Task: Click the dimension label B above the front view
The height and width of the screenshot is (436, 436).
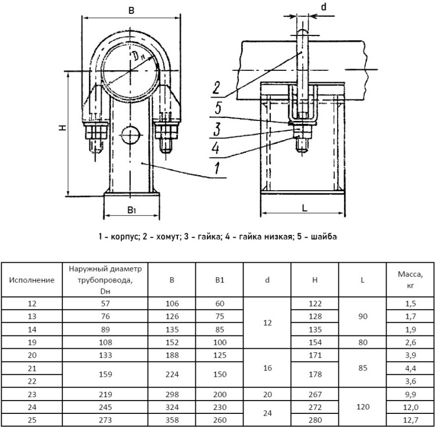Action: [x=131, y=10]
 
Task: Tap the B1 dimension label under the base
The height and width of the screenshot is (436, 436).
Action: [x=131, y=210]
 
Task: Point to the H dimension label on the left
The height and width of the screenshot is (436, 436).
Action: [x=63, y=127]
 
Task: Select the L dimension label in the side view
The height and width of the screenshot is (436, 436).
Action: [x=305, y=208]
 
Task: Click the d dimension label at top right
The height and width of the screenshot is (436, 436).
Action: [x=323, y=6]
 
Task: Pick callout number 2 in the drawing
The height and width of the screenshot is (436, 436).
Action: [x=216, y=88]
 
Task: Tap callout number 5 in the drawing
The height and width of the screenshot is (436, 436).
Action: [x=218, y=108]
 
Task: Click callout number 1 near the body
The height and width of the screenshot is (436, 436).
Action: [x=217, y=168]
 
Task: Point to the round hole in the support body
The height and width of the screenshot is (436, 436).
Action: [x=130, y=135]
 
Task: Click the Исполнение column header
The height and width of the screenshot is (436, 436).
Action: [x=32, y=280]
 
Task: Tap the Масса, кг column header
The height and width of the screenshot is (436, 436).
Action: [x=410, y=280]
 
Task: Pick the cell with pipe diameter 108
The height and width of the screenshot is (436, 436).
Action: [x=105, y=342]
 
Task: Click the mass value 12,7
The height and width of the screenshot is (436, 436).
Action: [x=410, y=420]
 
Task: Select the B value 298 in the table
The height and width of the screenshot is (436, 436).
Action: [x=172, y=394]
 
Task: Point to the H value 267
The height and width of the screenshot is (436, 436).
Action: [x=315, y=394]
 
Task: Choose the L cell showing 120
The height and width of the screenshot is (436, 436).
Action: [x=363, y=407]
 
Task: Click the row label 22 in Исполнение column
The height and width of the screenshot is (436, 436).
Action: [x=32, y=381]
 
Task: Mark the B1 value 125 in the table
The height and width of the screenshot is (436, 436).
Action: [x=220, y=355]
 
